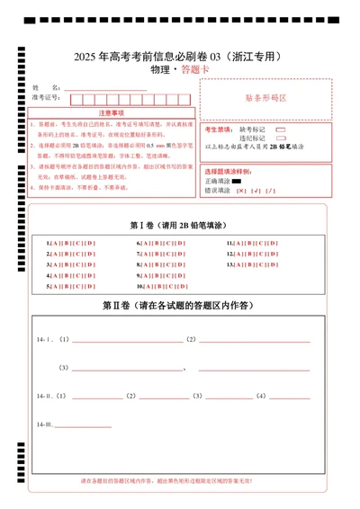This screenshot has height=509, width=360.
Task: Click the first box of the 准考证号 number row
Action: point(76,98)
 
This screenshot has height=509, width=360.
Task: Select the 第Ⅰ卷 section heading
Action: point(180,225)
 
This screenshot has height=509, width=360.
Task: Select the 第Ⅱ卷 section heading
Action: point(180,306)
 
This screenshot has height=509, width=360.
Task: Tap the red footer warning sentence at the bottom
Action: point(180,482)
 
